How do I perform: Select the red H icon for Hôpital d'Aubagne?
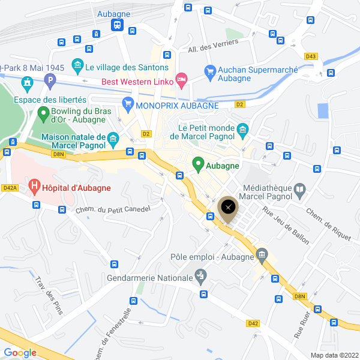pyautogui.click(x=35, y=188)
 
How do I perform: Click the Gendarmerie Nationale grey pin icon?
pyautogui.click(x=201, y=277)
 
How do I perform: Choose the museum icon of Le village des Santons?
pyautogui.click(x=77, y=65)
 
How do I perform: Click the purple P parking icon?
pyautogui.click(x=50, y=79)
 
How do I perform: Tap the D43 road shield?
pyautogui.click(x=310, y=56)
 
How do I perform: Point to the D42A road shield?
pyautogui.click(x=10, y=188)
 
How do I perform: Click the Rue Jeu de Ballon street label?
pyautogui.click(x=286, y=225)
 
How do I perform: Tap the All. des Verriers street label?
pyautogui.click(x=213, y=46)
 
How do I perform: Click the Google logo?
pyautogui.click(x=20, y=352)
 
